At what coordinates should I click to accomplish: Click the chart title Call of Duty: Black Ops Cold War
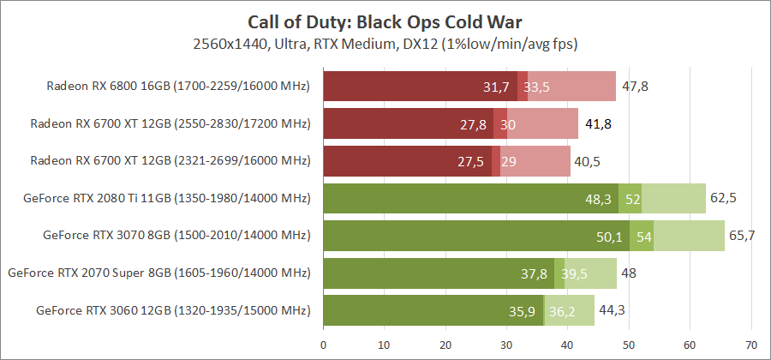[x=385, y=20]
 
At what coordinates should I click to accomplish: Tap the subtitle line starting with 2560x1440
[x=385, y=42]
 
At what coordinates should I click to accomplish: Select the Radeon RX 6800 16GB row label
[x=178, y=87]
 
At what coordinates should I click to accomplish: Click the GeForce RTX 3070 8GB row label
[x=176, y=235]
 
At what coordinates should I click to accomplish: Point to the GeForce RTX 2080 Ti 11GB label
[x=168, y=198]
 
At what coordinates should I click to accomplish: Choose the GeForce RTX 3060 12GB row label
[x=173, y=309]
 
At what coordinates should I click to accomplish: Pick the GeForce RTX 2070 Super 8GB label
[x=158, y=273]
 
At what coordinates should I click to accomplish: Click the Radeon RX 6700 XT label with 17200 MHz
[x=170, y=123]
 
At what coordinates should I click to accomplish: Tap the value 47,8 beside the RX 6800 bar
[x=635, y=87]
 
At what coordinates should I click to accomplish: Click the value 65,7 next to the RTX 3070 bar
[x=742, y=235]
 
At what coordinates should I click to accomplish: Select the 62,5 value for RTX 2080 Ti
[x=723, y=198]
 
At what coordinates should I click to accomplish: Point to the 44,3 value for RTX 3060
[x=612, y=309]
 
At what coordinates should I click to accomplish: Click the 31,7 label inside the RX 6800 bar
[x=496, y=87]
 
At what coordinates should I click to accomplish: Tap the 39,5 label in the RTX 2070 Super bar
[x=574, y=273]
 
